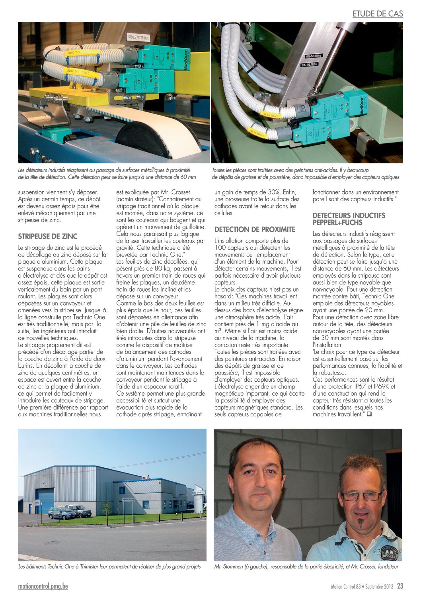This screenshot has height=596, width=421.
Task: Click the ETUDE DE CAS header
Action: pos(378,14)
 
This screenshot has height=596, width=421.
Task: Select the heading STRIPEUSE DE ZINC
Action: pos(48,236)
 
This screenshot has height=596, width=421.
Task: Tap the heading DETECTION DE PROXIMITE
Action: pos(255,229)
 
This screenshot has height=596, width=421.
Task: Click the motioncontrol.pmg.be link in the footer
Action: pos(43,586)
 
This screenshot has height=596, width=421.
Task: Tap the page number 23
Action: pos(400,586)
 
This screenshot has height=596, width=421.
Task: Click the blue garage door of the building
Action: pos(45,500)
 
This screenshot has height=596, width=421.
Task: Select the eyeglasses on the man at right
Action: pos(360,496)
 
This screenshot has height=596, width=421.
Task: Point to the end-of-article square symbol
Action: pos(369,414)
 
